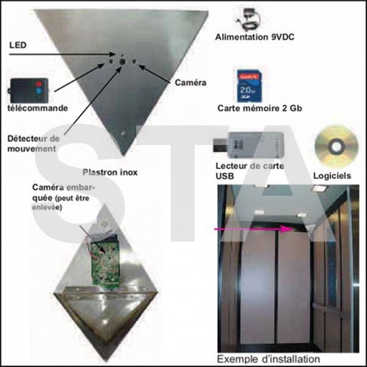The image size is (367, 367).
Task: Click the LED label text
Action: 18,45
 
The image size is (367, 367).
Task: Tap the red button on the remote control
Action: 38,84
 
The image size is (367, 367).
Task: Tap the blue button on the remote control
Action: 39,91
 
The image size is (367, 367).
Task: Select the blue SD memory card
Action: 248,86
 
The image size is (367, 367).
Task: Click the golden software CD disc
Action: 337,147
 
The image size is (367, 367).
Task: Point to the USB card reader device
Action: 248,146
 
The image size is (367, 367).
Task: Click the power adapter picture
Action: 249,19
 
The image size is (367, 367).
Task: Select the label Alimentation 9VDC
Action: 255,37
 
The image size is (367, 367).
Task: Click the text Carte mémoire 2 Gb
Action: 260,108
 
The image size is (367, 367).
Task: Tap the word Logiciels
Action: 332,175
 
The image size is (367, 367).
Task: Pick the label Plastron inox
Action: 110,172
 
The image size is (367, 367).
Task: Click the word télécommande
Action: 38,108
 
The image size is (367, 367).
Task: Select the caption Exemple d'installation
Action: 268,359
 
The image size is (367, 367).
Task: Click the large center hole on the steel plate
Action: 123,62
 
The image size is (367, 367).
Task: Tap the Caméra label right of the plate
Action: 191,83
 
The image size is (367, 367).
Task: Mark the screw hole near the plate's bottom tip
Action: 123,133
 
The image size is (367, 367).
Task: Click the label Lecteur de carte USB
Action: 250,171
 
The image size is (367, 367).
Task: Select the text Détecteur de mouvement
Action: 34,143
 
